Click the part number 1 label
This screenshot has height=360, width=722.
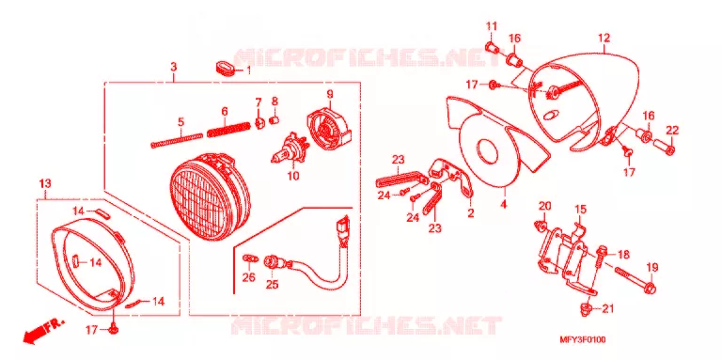tap(248, 70)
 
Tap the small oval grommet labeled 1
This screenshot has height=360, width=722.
tap(226, 68)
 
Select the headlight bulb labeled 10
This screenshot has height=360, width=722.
tap(287, 149)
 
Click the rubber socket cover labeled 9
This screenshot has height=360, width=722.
tap(328, 125)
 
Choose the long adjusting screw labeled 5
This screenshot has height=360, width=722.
tap(177, 140)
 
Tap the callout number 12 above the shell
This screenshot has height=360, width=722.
tap(604, 38)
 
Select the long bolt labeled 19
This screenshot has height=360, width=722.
tap(635, 280)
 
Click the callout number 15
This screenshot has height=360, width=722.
tap(580, 210)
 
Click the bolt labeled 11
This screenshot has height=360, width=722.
tap(493, 46)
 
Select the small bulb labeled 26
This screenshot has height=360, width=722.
tap(248, 258)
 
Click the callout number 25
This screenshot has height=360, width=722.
tap(272, 285)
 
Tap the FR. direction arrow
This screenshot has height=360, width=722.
tap(42, 332)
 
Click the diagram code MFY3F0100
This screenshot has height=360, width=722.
tap(582, 340)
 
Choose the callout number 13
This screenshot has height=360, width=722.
tap(45, 183)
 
